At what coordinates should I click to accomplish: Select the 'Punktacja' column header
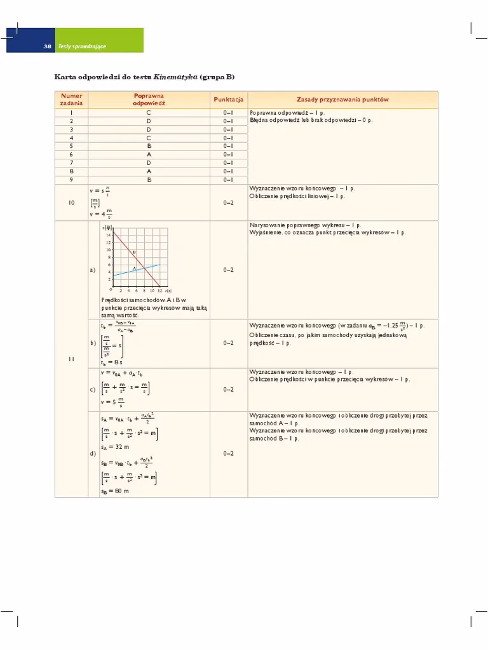click(228, 100)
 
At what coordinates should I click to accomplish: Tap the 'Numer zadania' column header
click(71, 100)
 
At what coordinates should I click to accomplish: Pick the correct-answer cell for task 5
click(149, 145)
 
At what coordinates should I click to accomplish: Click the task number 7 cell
click(71, 162)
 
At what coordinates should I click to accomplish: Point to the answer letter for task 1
click(149, 112)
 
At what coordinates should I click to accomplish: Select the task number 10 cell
click(71, 202)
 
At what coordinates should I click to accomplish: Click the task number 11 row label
click(71, 359)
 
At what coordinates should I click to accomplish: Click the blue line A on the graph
click(127, 271)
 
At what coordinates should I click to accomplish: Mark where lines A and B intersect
click(144, 268)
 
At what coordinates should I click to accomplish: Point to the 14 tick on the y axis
click(109, 234)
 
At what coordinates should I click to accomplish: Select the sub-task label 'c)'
click(93, 390)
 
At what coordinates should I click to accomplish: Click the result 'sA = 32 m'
click(114, 446)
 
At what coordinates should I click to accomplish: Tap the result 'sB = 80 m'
click(114, 491)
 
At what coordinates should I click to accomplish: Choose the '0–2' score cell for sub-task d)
click(228, 454)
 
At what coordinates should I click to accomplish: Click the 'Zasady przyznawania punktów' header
click(342, 100)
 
